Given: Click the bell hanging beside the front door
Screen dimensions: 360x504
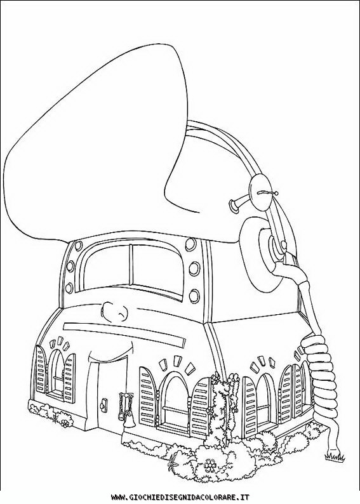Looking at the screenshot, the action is (x=127, y=421).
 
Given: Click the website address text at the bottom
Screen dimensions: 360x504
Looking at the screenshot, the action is (x=180, y=497).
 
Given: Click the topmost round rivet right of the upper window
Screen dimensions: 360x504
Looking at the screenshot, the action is (x=190, y=244).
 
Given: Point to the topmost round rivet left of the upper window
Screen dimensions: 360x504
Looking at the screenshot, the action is (x=78, y=246).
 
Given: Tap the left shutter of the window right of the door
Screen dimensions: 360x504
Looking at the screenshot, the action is (x=149, y=395).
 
